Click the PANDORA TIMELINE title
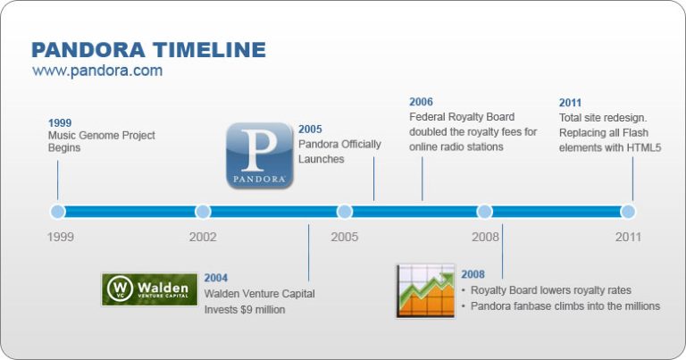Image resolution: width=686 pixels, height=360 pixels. click(x=148, y=49)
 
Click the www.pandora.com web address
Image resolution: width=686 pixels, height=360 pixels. click(x=97, y=71)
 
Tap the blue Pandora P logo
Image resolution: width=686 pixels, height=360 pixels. click(x=259, y=155)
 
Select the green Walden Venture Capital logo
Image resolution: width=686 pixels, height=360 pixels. click(x=150, y=289)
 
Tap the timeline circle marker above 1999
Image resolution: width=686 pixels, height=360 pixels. click(x=58, y=212)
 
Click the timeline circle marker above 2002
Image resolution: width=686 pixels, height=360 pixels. click(x=203, y=212)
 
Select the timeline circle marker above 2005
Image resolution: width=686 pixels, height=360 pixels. click(x=344, y=212)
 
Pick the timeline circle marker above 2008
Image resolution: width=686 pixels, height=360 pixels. click(x=485, y=212)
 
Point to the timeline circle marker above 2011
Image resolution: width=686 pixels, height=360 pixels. click(x=628, y=212)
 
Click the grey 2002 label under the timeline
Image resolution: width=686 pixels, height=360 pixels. click(x=203, y=238)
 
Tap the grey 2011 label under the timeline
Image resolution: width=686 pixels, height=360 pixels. click(x=628, y=238)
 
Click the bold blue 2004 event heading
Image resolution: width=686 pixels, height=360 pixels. click(x=216, y=278)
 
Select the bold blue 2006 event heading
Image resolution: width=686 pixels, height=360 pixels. click(x=421, y=102)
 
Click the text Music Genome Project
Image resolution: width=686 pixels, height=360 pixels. click(x=101, y=136)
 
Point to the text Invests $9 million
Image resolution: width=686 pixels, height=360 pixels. click(x=244, y=309)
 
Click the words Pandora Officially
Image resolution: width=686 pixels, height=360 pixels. click(x=339, y=145)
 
